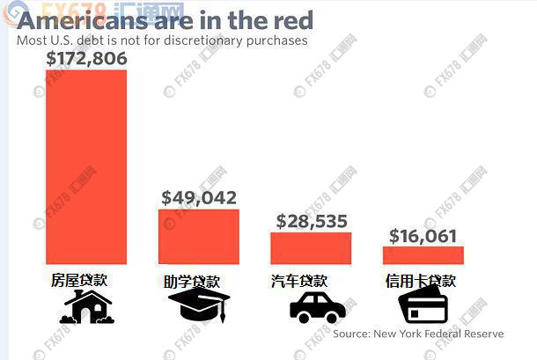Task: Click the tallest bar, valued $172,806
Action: coord(86,166)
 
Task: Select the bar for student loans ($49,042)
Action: coord(198,236)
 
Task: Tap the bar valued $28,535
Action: coord(310,247)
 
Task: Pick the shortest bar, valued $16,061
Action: coord(423,254)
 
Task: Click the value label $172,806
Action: coord(86,59)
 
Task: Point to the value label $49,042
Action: coord(199,198)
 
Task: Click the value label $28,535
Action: coord(312,221)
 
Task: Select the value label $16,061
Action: coord(423,235)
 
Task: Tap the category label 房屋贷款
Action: coord(80,281)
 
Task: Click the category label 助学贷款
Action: coord(194,282)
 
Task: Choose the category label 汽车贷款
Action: coord(299,282)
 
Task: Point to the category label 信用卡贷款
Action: coord(421,282)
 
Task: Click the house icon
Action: coord(85,307)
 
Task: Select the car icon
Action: coord(317,308)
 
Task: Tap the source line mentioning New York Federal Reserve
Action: coord(418,334)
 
